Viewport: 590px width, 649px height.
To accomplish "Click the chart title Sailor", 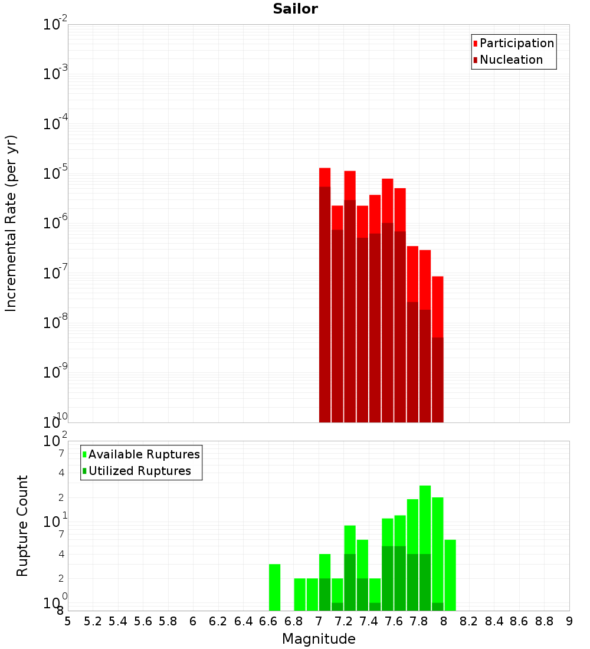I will pyautogui.click(x=295, y=9).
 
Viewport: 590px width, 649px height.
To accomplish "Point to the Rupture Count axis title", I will pyautogui.click(x=22, y=526).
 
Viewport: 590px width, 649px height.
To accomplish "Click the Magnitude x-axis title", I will pyautogui.click(x=319, y=638).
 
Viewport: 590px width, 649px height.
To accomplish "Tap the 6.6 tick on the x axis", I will pyautogui.click(x=268, y=621).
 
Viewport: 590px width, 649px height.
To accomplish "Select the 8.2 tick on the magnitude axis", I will pyautogui.click(x=469, y=621).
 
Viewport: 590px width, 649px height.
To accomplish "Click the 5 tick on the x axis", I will pyautogui.click(x=68, y=621).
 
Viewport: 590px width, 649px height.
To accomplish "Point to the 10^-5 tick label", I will pyautogui.click(x=55, y=173).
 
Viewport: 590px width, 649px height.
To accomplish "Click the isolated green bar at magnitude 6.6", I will pyautogui.click(x=274, y=587).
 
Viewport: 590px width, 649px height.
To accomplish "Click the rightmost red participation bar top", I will pyautogui.click(x=437, y=277).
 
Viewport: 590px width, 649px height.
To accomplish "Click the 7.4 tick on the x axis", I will pyautogui.click(x=369, y=621).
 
